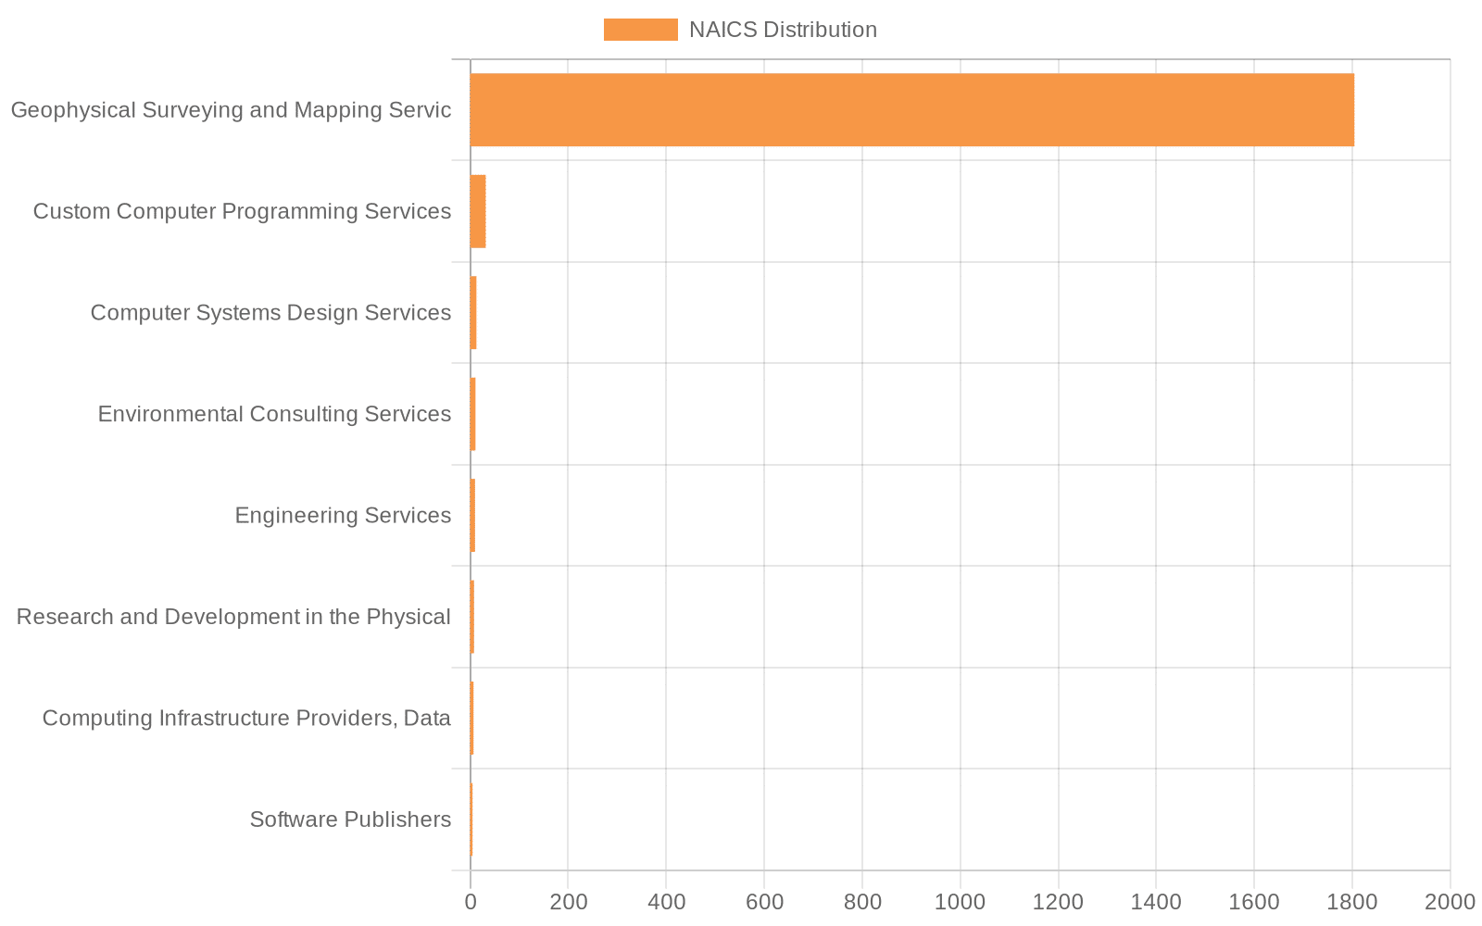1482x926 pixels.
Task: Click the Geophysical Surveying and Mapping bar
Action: click(x=911, y=109)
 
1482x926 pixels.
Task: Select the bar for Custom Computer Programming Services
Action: click(x=478, y=211)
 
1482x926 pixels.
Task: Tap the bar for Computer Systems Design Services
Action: click(x=473, y=313)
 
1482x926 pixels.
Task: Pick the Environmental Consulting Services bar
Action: click(x=472, y=414)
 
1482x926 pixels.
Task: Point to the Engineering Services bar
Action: click(x=472, y=516)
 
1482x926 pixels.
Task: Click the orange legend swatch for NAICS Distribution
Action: click(x=640, y=30)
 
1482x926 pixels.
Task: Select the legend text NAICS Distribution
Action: click(x=783, y=30)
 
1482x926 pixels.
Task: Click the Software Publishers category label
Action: click(x=350, y=820)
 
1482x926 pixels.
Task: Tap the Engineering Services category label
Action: click(x=343, y=516)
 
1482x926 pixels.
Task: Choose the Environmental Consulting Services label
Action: click(x=274, y=414)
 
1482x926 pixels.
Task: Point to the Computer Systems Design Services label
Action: click(x=270, y=313)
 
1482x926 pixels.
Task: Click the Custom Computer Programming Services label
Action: click(x=242, y=211)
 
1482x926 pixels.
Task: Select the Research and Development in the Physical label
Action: click(x=233, y=617)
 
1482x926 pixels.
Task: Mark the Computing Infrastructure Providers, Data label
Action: click(x=246, y=719)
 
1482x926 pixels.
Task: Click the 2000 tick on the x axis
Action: click(x=1449, y=902)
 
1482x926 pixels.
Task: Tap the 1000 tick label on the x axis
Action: click(x=960, y=902)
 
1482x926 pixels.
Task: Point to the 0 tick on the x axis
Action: click(x=471, y=902)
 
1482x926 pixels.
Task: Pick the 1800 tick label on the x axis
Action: click(x=1351, y=902)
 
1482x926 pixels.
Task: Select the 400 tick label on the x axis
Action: click(x=666, y=902)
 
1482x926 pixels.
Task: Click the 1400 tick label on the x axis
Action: click(x=1156, y=902)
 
